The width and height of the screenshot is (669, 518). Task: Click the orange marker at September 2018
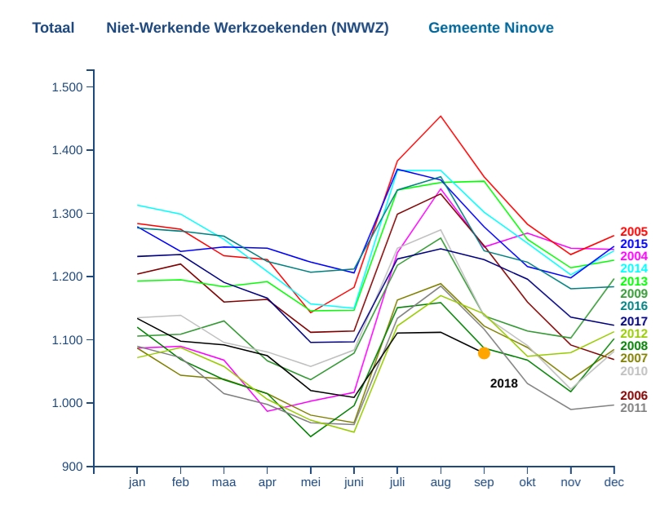[x=484, y=353]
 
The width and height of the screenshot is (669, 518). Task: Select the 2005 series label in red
[x=634, y=232]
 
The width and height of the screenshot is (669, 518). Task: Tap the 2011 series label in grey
[x=634, y=408]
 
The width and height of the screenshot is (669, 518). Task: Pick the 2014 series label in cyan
[x=634, y=268]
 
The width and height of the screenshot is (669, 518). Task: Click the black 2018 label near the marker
[x=503, y=383]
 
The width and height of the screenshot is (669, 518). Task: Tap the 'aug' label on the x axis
[x=441, y=482]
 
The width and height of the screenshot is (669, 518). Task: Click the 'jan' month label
[x=137, y=482]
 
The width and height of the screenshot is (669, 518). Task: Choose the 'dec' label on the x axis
[x=614, y=482]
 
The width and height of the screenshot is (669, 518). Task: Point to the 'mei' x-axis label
[x=311, y=482]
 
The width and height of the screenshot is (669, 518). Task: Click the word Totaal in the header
[x=53, y=28]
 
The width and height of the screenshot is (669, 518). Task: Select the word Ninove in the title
[x=527, y=28]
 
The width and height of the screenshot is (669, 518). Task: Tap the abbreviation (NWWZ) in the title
[x=360, y=28]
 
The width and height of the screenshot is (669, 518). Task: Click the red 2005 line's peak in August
[x=441, y=116]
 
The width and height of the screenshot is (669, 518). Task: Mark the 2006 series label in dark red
[x=634, y=396]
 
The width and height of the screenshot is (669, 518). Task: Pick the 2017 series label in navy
[x=634, y=321]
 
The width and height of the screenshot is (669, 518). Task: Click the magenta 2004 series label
[x=634, y=256]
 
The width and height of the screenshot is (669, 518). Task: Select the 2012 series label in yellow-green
[x=634, y=334]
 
